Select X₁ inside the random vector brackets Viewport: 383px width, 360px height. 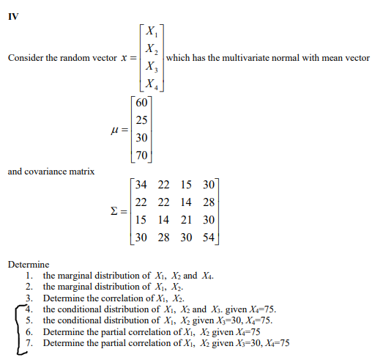click(150, 31)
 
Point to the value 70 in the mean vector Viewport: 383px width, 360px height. click(142, 155)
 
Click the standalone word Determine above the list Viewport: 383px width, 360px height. click(29, 264)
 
